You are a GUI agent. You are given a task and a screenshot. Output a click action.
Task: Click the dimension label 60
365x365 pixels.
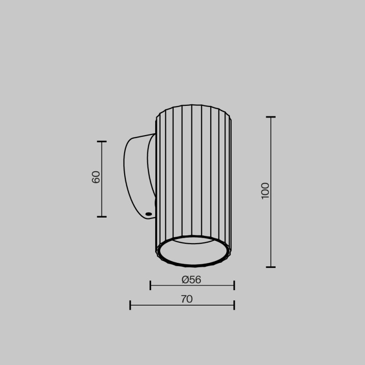tap(96, 177)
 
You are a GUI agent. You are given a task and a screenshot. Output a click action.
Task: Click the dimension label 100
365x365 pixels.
tap(266, 190)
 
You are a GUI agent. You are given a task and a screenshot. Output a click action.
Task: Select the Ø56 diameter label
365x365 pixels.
tap(191, 280)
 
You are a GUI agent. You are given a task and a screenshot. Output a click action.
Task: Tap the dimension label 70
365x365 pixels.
tap(187, 299)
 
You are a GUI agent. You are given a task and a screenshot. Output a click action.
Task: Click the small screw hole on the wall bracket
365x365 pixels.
tap(148, 214)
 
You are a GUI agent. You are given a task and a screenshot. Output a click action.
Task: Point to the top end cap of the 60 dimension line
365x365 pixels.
tap(102, 141)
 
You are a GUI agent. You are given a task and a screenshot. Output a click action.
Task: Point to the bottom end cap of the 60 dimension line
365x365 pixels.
tap(102, 217)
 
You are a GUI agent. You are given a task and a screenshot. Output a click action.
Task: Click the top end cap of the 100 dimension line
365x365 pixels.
tap(271, 117)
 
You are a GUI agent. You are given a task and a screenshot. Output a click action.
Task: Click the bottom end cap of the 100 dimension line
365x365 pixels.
tap(271, 267)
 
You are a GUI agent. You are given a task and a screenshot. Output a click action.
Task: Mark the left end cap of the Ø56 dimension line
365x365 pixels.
tap(151, 286)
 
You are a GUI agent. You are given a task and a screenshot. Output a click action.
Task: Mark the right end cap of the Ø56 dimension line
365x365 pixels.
tap(234, 286)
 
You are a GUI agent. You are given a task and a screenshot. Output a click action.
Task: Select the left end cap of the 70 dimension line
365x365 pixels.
tap(130, 305)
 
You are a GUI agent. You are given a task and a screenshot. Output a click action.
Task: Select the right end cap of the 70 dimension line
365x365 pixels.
tap(234, 305)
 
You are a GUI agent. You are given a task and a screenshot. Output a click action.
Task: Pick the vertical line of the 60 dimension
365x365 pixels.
tap(102, 196)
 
